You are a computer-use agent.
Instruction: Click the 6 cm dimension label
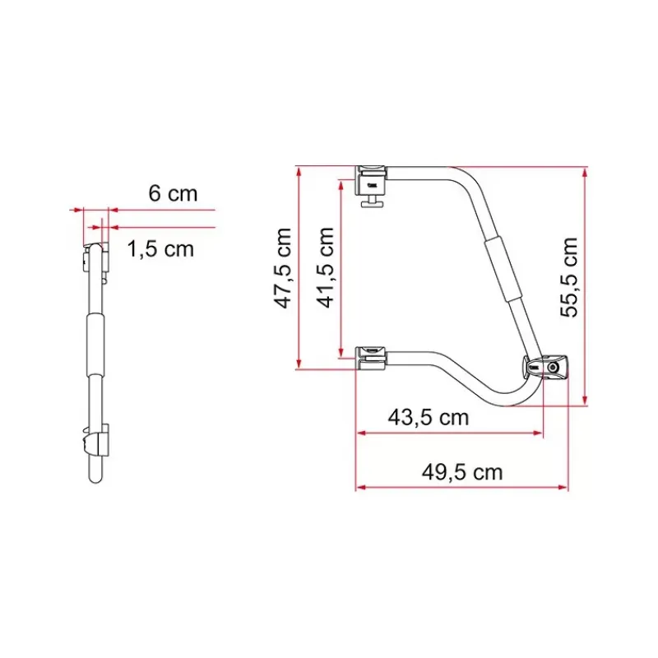pos(173,193)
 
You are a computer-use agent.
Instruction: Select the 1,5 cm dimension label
pos(160,249)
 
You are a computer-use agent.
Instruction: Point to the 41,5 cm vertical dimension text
pos(325,267)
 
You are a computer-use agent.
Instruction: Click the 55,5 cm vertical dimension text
pos(569,277)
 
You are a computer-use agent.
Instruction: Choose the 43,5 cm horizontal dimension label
pos(428,418)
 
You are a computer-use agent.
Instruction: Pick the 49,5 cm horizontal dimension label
pos(462,472)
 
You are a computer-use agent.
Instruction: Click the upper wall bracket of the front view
pos(371,180)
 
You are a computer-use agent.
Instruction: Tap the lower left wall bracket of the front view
pos(371,359)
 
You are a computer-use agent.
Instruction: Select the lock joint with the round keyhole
pos(545,366)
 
